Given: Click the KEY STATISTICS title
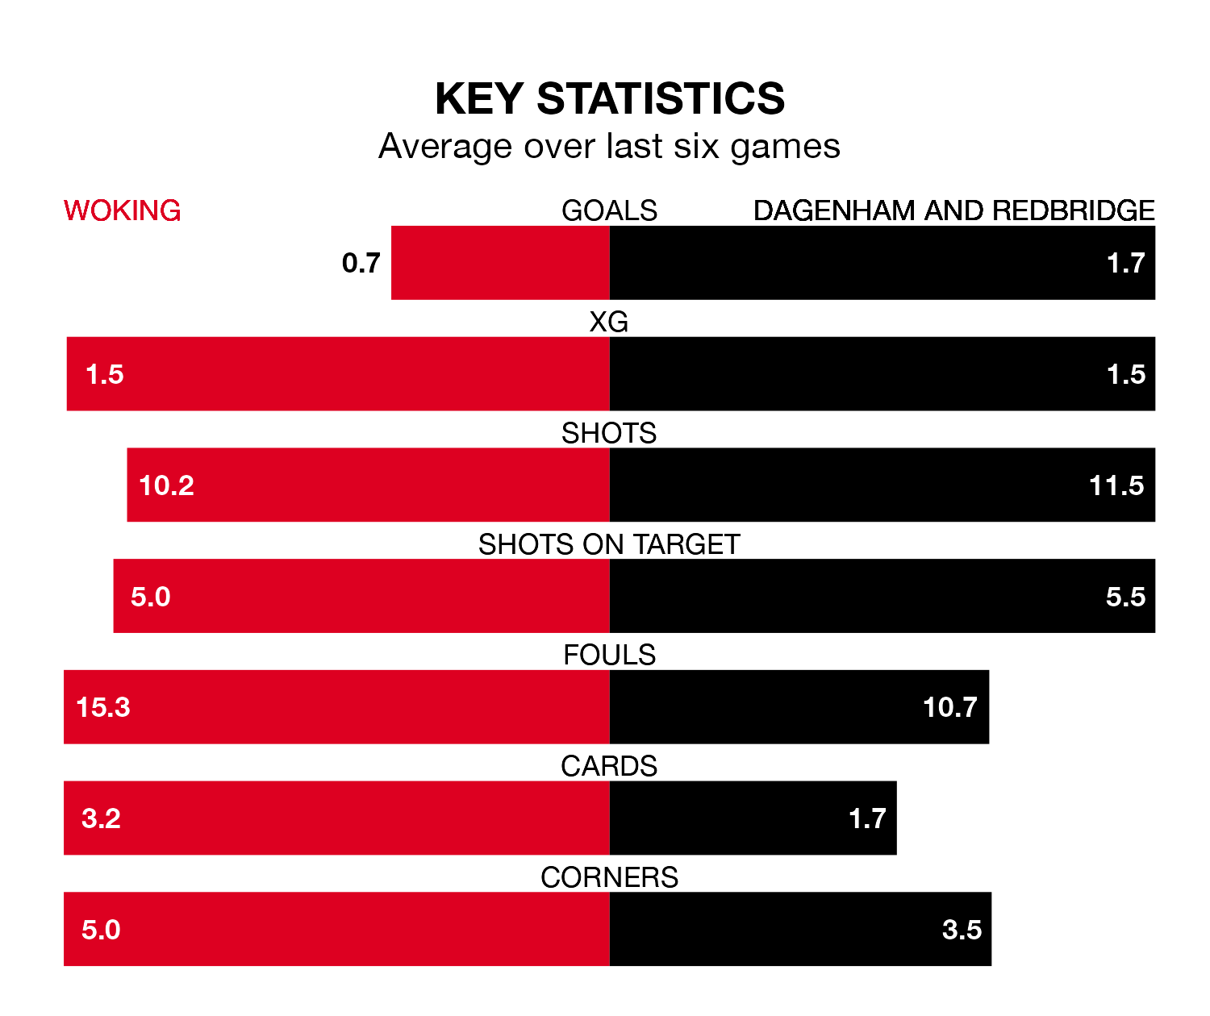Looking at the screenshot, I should coord(609,99).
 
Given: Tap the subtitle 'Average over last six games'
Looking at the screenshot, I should coord(609,147).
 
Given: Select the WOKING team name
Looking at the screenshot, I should coord(122,210).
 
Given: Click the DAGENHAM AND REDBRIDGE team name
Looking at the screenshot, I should coord(953,210).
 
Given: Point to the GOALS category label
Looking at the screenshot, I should coord(609,210).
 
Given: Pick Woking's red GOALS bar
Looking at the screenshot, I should coord(500,263).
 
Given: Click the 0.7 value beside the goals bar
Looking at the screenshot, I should coord(361,263).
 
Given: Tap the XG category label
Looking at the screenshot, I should coord(609,322).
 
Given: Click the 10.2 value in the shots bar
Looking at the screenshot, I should coord(166,485).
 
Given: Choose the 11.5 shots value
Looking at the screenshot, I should coord(1116,485).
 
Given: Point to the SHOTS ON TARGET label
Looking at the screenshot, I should coord(609,544).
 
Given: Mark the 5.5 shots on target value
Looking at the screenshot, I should coord(1125,597).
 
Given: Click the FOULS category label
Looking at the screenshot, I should coord(609,655).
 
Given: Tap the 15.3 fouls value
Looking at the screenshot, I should coord(102,707).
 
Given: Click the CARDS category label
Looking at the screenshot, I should coord(609,766).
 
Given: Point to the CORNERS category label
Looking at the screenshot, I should coord(609,877).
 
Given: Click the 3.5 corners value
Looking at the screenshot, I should coord(962,930).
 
